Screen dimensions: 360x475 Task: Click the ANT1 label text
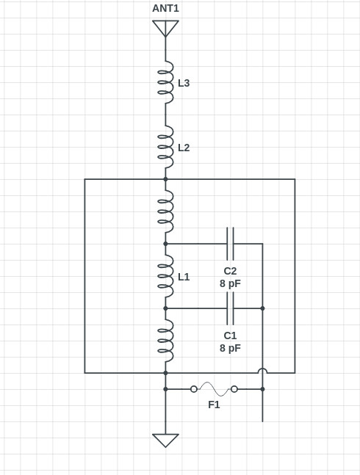(x=165, y=9)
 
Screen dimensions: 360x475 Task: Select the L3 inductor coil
(x=166, y=82)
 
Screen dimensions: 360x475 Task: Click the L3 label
(x=184, y=83)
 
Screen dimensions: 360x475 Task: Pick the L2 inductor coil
(x=166, y=147)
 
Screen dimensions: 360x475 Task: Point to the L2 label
(x=184, y=148)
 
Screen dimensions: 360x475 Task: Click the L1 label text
(x=184, y=277)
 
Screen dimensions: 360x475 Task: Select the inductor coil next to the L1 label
(x=166, y=276)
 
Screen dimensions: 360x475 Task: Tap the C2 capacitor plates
(x=230, y=244)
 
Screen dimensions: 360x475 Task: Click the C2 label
(x=230, y=271)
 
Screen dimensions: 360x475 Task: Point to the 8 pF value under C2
(x=230, y=283)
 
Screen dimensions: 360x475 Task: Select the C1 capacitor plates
(x=230, y=308)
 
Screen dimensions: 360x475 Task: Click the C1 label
(x=230, y=336)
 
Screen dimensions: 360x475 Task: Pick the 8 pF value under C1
(x=230, y=348)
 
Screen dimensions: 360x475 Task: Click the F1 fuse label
(x=214, y=405)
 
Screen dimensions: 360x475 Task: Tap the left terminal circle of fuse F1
(x=194, y=389)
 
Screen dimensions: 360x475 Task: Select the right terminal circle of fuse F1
(x=234, y=389)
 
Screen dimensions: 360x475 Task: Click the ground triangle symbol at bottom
(x=165, y=440)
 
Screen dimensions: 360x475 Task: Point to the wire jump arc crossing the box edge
(x=262, y=369)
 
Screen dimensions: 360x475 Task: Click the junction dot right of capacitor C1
(x=262, y=308)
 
